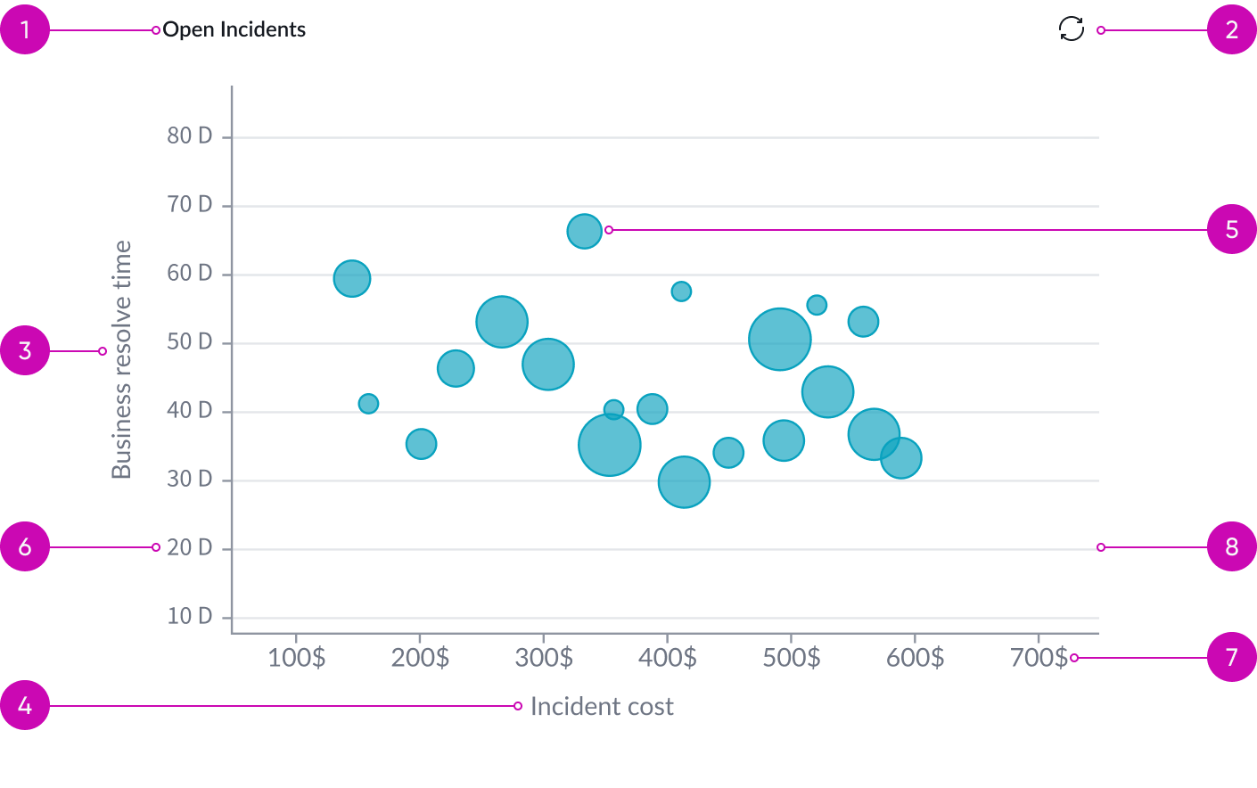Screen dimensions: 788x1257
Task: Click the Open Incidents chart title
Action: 234,29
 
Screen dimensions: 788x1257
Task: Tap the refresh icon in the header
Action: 1071,29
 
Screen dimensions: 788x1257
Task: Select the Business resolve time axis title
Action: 121,359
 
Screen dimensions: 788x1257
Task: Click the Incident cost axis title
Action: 602,707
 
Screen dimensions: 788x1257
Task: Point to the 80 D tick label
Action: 190,135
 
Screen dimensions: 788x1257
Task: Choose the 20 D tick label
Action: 190,547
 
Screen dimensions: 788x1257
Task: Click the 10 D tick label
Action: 190,616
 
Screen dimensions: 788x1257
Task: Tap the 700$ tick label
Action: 1039,658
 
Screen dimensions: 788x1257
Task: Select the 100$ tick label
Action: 297,658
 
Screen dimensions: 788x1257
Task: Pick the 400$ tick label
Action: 668,658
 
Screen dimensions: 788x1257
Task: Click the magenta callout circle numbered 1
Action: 25,29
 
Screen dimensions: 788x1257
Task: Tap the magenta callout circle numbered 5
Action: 1231,229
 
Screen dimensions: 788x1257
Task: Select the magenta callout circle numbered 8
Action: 1231,546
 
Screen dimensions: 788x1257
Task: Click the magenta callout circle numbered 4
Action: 25,705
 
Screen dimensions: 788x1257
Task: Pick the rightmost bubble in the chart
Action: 900,458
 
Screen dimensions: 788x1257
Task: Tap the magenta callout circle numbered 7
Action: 1231,657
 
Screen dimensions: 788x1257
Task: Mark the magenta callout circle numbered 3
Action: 25,350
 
